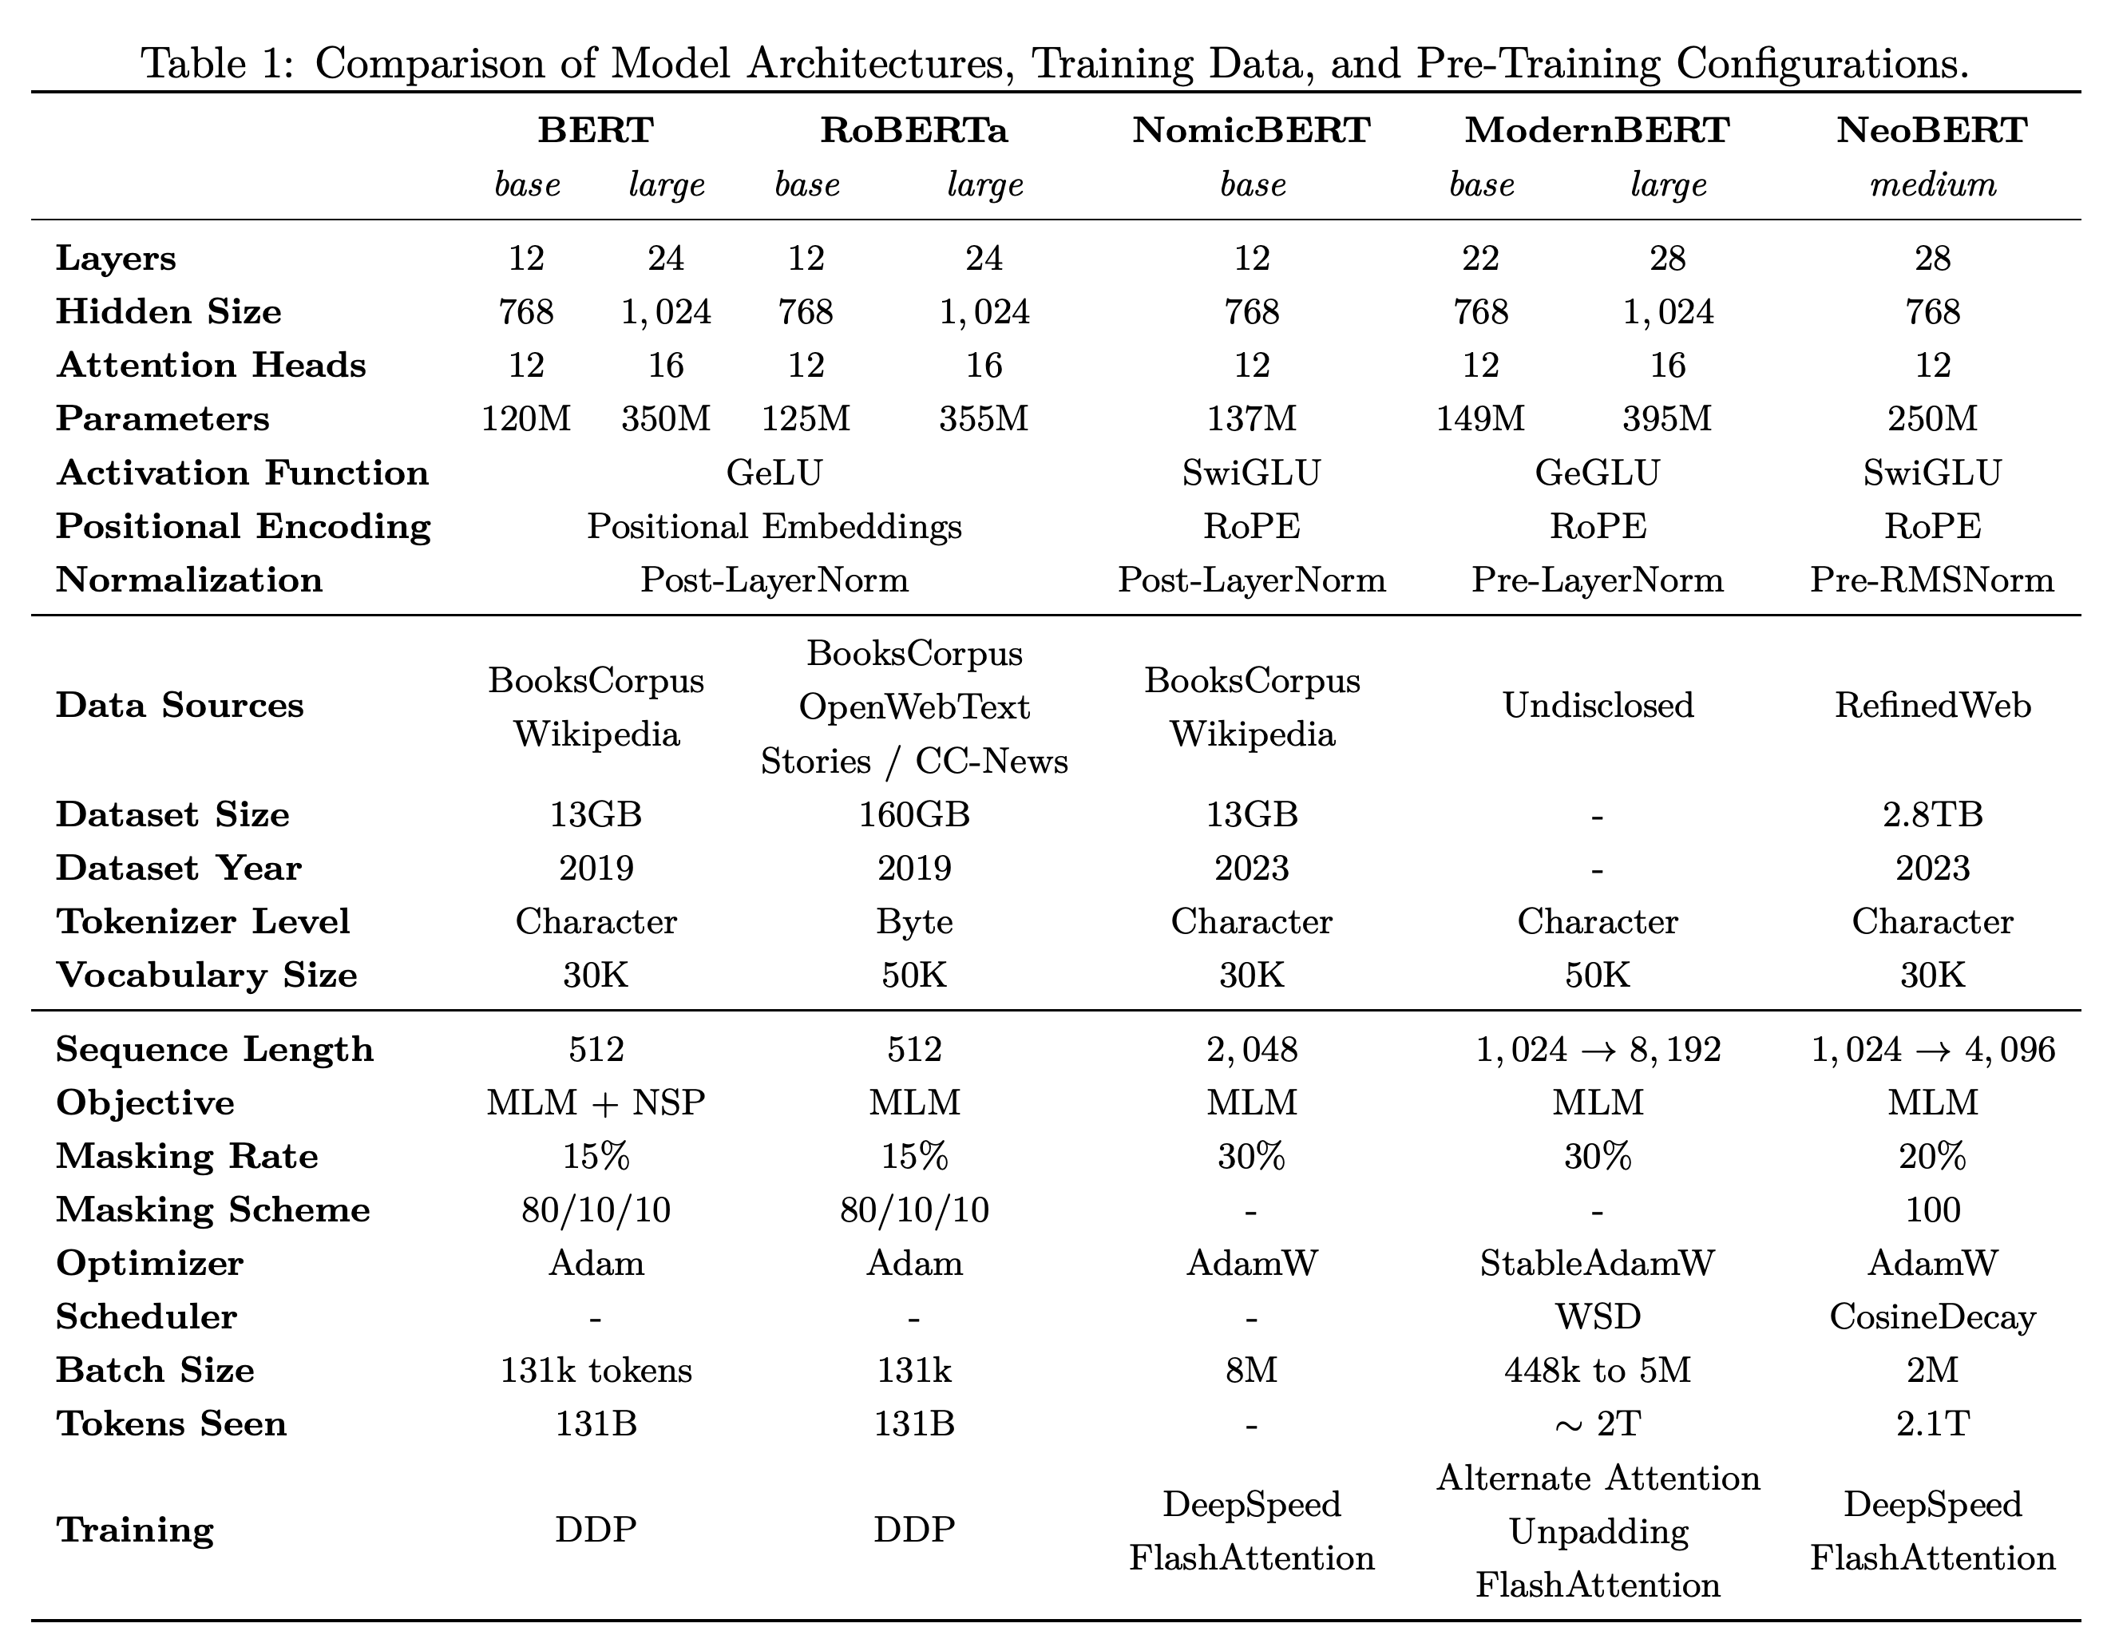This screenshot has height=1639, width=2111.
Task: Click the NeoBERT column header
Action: [x=1931, y=129]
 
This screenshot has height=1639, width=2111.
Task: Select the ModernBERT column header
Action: [x=1597, y=129]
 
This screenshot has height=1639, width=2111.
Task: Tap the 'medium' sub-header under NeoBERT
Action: [x=1933, y=184]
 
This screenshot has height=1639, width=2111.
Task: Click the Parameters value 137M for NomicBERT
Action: [x=1252, y=418]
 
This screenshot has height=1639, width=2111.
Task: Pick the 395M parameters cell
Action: [x=1667, y=418]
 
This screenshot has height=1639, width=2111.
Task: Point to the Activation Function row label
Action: [x=243, y=473]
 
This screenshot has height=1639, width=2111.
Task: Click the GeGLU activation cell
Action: [x=1597, y=473]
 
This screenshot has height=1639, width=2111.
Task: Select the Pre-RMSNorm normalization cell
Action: [x=1932, y=580]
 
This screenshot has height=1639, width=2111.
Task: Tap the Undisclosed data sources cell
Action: [x=1598, y=706]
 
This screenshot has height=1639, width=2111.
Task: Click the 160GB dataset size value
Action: [x=914, y=814]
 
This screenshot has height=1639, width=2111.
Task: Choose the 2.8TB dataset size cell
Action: [x=1932, y=814]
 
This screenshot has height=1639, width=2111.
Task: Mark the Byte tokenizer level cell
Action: [x=914, y=922]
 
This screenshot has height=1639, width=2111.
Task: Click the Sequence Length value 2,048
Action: [x=1252, y=1050]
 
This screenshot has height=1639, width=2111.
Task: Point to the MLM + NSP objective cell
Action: [x=596, y=1103]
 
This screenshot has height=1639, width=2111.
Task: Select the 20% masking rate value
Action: [x=1932, y=1157]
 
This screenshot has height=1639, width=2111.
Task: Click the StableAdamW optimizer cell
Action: [x=1598, y=1263]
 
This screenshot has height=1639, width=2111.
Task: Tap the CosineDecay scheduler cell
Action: [x=1932, y=1317]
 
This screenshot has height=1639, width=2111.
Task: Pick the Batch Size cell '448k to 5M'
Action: [x=1598, y=1370]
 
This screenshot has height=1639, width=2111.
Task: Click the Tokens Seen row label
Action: [x=172, y=1424]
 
